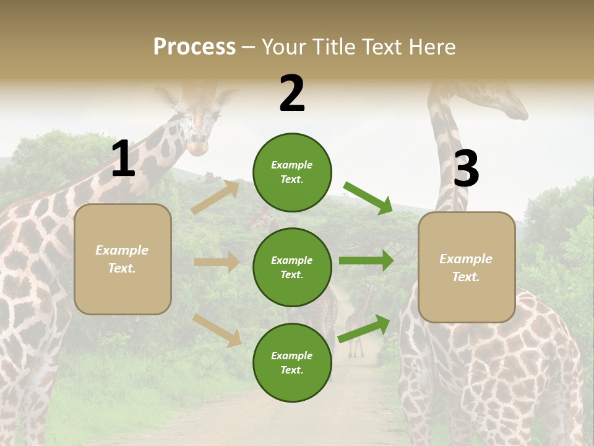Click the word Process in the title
[194, 47]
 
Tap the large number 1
[123, 159]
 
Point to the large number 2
[292, 94]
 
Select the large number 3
[466, 168]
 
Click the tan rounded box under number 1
[123, 259]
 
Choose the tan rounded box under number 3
[467, 268]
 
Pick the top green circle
[292, 172]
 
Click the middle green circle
[292, 267]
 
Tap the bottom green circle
[292, 362]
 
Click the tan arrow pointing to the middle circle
[217, 262]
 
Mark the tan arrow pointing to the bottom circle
[217, 330]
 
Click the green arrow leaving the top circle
[368, 198]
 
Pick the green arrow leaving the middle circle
[366, 260]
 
